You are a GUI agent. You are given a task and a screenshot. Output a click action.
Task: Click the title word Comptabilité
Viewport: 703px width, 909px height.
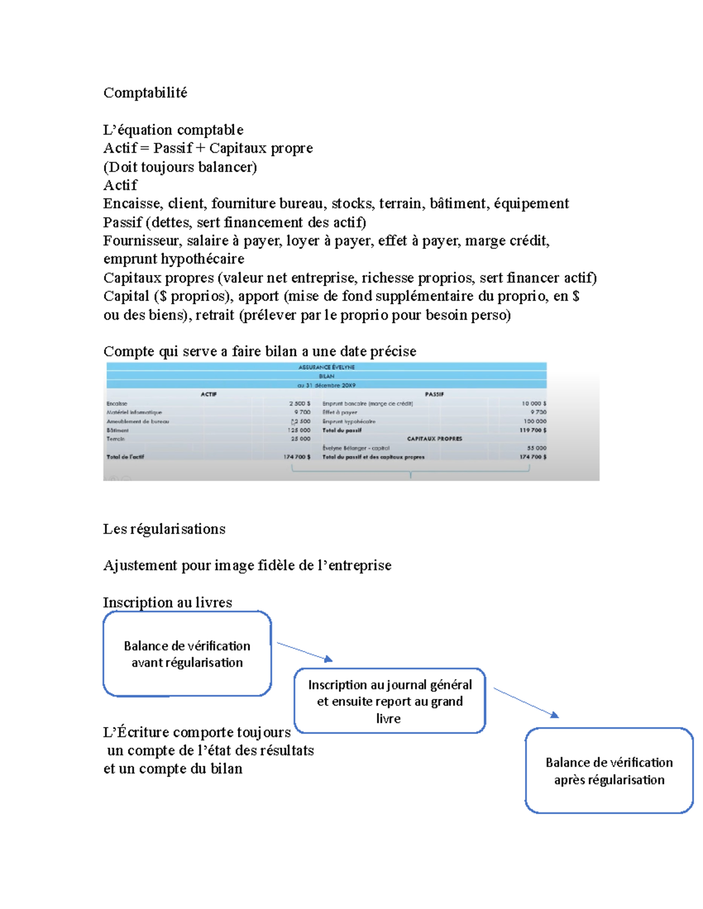coord(145,92)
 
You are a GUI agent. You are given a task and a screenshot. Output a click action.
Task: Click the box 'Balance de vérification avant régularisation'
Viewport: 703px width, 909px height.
coord(187,654)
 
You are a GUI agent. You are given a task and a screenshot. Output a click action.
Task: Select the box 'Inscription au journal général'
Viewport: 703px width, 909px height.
coord(390,701)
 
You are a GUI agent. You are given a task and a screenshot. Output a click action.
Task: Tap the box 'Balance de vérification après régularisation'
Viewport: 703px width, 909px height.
coord(609,770)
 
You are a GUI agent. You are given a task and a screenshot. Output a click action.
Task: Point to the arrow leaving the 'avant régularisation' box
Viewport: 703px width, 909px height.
coord(304,651)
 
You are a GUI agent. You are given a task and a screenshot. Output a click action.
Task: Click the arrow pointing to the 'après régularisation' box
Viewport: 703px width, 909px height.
coord(525,702)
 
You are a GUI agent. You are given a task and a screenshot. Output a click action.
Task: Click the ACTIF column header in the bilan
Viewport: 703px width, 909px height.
coord(209,395)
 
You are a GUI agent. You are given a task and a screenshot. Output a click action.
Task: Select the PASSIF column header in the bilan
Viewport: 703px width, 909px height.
coord(434,395)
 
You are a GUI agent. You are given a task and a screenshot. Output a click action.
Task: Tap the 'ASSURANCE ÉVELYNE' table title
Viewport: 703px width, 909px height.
coord(326,367)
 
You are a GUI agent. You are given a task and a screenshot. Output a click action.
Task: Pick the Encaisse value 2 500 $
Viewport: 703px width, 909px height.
coord(299,403)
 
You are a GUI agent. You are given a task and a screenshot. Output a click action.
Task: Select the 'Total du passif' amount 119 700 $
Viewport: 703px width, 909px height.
coord(533,430)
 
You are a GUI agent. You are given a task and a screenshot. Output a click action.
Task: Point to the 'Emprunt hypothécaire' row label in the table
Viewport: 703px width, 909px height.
coord(349,421)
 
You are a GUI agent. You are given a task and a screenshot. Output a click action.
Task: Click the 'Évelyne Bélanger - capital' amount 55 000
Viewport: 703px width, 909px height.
coord(536,448)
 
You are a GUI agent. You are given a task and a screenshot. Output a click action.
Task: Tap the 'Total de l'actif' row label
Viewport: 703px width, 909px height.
coord(125,457)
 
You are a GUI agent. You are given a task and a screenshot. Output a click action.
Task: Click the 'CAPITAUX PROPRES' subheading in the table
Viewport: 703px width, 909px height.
coord(434,438)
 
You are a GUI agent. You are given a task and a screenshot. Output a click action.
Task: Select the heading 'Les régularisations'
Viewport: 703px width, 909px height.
coord(164,529)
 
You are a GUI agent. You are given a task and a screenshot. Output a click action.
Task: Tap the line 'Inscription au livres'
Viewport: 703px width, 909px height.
coord(168,602)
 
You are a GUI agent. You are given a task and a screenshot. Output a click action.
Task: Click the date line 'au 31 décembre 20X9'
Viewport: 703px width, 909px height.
coord(326,385)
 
